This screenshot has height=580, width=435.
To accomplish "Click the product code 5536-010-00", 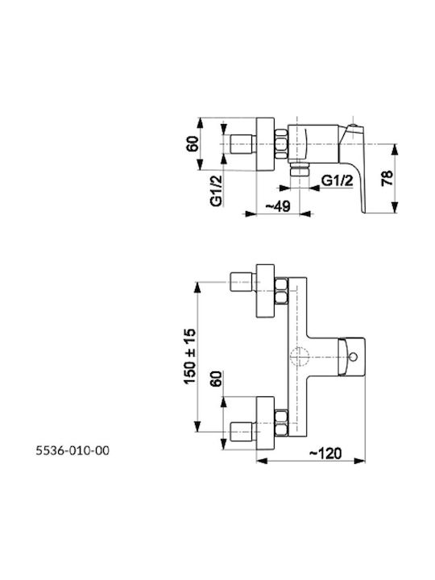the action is click(x=72, y=450).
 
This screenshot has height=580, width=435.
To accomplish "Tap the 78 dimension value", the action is click(x=386, y=178).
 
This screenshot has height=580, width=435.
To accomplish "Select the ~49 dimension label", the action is click(x=278, y=206).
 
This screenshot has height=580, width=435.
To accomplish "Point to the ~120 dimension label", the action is click(x=325, y=453).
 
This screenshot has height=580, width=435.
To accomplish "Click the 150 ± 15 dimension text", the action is click(x=189, y=356).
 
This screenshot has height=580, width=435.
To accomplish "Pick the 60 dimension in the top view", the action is click(x=193, y=144).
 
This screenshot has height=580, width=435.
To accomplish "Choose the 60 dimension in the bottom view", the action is click(x=217, y=379).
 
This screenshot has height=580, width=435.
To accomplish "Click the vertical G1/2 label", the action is click(x=217, y=190).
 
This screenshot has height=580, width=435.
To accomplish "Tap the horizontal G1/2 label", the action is click(x=337, y=181).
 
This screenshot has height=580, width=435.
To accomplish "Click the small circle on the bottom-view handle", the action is click(x=354, y=358).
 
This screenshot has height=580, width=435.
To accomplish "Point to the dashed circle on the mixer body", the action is click(x=299, y=358).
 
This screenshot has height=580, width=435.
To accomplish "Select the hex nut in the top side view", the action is click(x=281, y=144).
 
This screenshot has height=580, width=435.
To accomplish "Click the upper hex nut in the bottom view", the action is click(x=281, y=292).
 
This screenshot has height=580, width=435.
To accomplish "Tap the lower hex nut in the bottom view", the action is click(x=281, y=423).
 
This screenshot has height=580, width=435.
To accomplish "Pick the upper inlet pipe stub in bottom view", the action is click(x=242, y=282).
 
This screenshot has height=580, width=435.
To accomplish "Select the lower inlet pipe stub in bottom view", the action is click(x=242, y=432).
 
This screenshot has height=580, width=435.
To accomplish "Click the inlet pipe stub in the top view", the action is click(x=242, y=144).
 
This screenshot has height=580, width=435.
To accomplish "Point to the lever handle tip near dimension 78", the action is click(x=363, y=212).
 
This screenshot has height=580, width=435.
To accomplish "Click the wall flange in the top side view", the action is click(x=266, y=144).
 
